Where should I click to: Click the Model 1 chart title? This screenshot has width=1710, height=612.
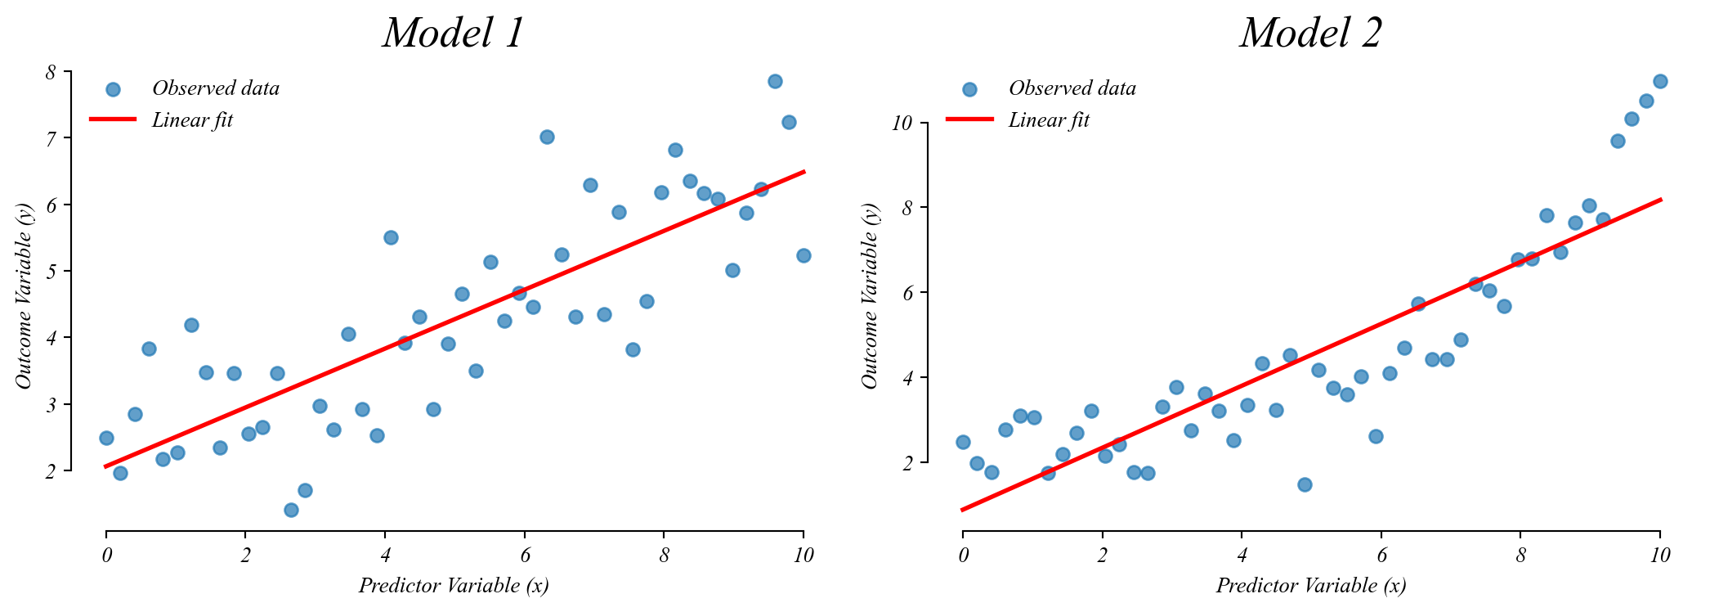pos(453,34)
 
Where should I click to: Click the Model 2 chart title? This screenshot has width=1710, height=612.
pos(1310,34)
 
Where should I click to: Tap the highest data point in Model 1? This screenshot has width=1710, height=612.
pos(775,81)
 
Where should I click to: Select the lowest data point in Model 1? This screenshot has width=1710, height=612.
pos(291,510)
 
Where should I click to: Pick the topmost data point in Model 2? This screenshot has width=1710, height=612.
pos(1660,81)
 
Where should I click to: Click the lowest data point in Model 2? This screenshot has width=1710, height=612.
pos(1305,484)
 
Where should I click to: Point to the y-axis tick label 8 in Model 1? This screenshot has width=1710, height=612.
pos(51,72)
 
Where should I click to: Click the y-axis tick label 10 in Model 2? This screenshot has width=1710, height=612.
pos(902,124)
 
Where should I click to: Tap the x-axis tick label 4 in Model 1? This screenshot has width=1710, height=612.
pos(385,556)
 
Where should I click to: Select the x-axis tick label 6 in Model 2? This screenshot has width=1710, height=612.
pos(1381,556)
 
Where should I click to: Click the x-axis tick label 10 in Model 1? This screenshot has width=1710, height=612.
pos(804,556)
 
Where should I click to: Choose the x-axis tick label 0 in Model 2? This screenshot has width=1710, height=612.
pos(963,556)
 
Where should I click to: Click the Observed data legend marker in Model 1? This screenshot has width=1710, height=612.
pos(113,89)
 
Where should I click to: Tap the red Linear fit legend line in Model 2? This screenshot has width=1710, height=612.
pos(969,119)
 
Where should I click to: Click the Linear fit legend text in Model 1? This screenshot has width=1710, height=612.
pos(193,120)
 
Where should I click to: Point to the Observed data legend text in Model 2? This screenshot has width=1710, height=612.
pos(1072,88)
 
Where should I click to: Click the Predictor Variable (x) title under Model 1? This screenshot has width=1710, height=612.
pos(454,585)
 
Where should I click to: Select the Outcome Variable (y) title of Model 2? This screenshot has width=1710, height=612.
pos(870,296)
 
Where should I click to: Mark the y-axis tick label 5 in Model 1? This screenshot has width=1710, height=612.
pos(51,272)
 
